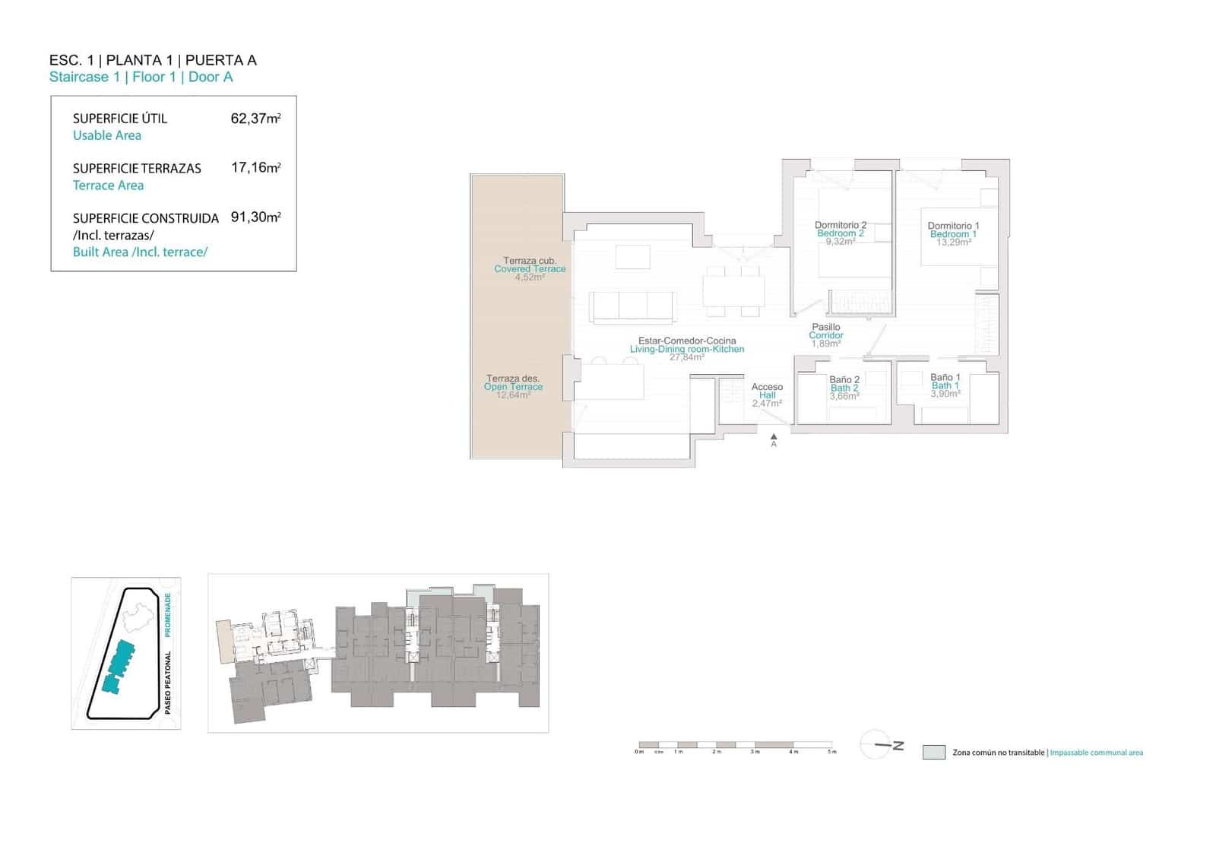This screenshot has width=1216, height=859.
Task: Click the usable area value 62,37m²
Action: [x=255, y=119]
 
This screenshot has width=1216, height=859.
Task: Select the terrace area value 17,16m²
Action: [x=255, y=168]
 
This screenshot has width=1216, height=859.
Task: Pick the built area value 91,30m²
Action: [x=255, y=217]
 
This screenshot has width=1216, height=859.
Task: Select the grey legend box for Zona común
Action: [x=933, y=753]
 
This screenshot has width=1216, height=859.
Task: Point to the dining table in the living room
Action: [x=733, y=290]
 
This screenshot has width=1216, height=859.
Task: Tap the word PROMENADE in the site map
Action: [x=168, y=615]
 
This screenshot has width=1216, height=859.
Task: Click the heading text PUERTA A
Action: [x=220, y=60]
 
